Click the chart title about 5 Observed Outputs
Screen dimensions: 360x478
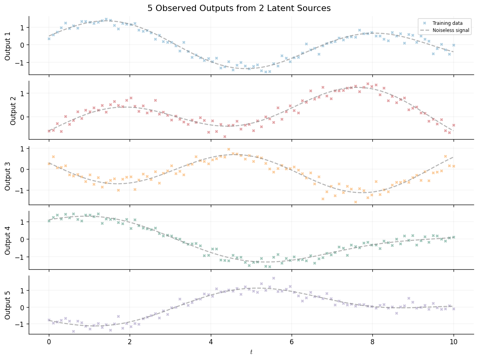pos(239,8)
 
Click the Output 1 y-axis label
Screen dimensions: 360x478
pos(8,45)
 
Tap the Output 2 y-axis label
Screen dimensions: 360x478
pos(13,110)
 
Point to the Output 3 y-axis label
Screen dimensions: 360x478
pos(8,175)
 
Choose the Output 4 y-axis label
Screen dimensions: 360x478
pos(8,240)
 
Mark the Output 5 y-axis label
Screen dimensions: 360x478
pos(8,305)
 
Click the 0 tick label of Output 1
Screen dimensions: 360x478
pos(23,45)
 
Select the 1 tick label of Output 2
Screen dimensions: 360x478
pos(23,93)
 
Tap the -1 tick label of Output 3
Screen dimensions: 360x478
pos(20,190)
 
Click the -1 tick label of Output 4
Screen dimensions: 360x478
pos(20,257)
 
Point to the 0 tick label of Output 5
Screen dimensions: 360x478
pos(23,307)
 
